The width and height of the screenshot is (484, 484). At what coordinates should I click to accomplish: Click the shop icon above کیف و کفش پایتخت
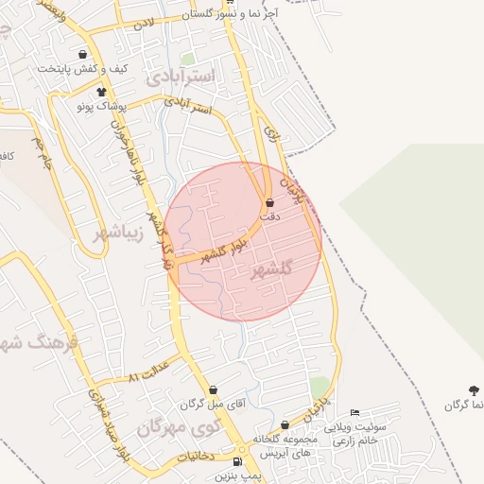[83, 55]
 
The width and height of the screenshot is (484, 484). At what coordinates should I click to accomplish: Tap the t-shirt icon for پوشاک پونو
[101, 92]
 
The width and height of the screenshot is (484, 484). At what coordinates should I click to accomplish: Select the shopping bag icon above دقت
[269, 202]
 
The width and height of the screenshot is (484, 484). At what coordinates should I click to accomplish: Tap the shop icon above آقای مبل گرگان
[212, 389]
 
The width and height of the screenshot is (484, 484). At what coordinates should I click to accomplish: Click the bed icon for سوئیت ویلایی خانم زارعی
[354, 412]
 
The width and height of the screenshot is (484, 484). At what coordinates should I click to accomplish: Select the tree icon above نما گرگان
[474, 389]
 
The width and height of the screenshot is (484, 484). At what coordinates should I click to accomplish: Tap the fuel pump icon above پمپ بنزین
[236, 461]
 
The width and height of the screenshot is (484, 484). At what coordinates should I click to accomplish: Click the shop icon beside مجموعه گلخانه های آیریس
[285, 425]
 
